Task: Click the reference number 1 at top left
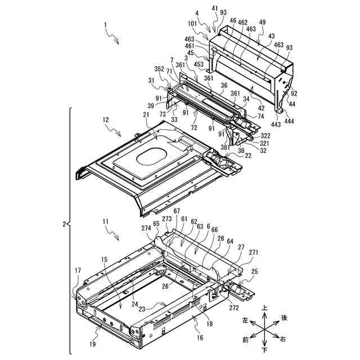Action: [x=105, y=25]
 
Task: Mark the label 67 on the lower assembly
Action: [x=177, y=211]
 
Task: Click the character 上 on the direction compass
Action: [x=264, y=309]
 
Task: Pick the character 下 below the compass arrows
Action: [x=264, y=349]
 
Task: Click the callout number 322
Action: [x=264, y=136]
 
